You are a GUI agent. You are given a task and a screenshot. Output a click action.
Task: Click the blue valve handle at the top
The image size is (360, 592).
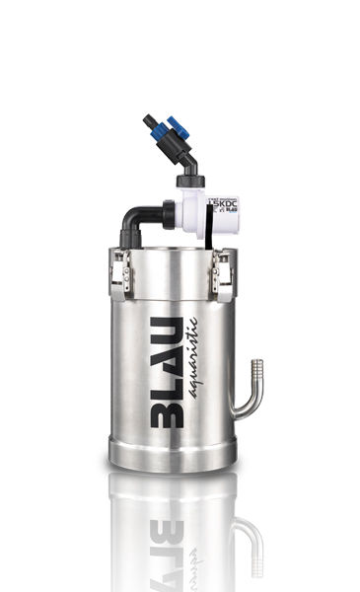[x=178, y=126]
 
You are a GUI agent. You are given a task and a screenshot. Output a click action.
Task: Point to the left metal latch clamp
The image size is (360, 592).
[x=120, y=273]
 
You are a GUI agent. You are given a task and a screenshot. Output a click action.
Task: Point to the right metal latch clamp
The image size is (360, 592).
[x=224, y=273]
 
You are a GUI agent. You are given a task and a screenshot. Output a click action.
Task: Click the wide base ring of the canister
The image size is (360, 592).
[x=173, y=456]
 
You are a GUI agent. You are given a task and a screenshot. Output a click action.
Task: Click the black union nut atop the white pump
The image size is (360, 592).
[x=188, y=181]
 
